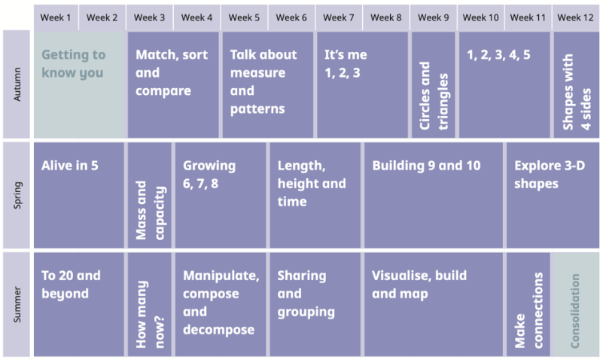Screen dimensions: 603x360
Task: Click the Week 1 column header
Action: tap(56, 17)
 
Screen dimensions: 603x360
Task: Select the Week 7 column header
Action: tap(339, 17)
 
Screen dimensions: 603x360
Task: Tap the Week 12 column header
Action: tap(576, 17)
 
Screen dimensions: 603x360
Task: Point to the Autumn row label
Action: tap(17, 84)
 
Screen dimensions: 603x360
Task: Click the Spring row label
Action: tap(17, 195)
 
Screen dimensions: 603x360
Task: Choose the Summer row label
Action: tap(17, 304)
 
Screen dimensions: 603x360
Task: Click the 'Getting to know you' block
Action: tap(80, 84)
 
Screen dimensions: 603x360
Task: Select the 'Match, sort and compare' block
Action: tap(173, 84)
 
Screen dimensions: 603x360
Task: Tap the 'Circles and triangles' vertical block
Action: tap(434, 84)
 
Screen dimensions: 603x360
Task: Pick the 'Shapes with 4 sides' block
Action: tap(577, 84)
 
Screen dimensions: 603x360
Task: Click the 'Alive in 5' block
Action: tap(79, 195)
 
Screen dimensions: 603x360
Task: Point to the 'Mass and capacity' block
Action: tap(150, 195)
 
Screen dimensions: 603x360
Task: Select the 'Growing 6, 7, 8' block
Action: tap(221, 195)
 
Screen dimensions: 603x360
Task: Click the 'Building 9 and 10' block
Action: tap(434, 195)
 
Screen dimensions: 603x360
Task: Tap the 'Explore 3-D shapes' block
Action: tap(553, 195)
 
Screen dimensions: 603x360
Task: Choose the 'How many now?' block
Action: tap(150, 304)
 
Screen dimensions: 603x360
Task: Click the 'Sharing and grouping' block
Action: tap(315, 304)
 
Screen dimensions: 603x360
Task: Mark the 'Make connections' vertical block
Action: tap(528, 304)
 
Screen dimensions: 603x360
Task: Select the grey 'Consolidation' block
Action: tap(575, 304)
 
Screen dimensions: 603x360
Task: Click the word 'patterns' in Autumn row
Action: tap(257, 109)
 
